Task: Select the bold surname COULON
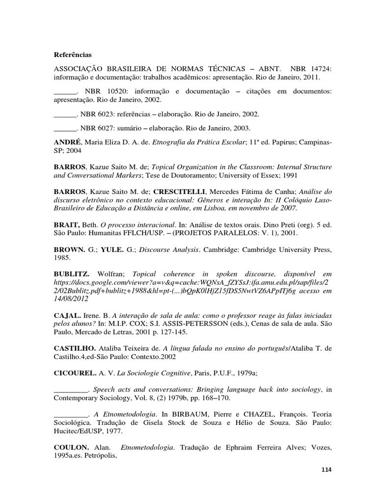[x=71, y=447]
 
